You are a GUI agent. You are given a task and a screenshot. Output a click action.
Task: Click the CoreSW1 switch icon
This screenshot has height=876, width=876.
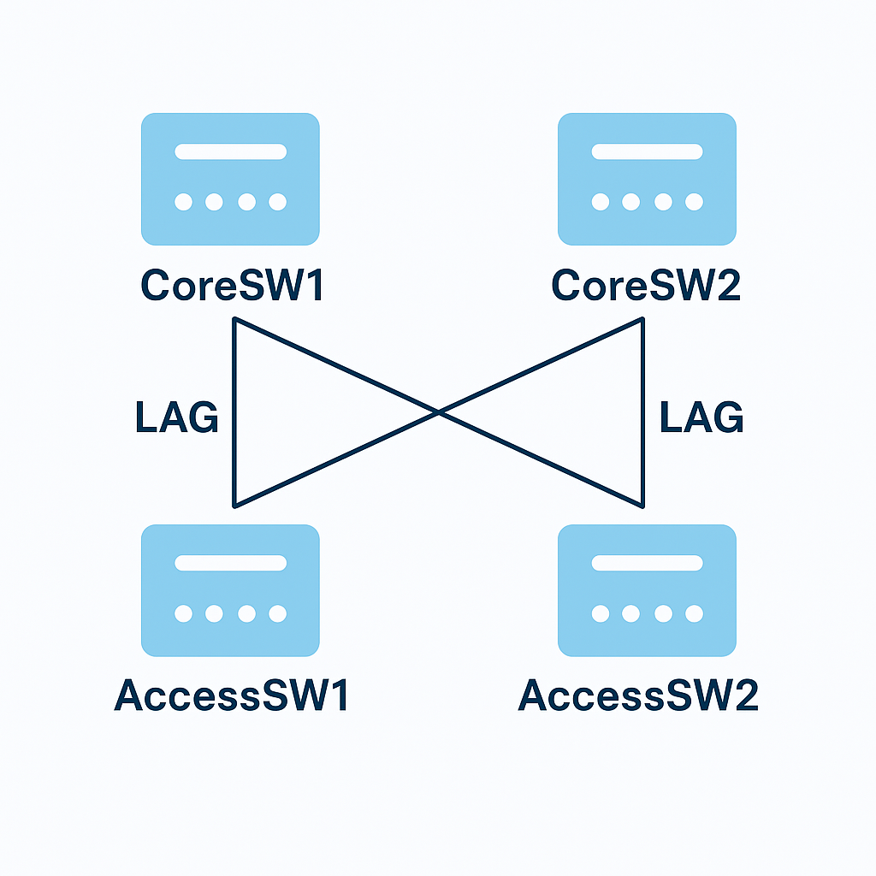pyautogui.click(x=230, y=180)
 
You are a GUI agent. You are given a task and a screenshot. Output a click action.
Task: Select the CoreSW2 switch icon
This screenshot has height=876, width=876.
pyautogui.click(x=647, y=180)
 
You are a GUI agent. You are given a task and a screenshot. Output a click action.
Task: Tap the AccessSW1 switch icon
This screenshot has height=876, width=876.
pyautogui.click(x=230, y=590)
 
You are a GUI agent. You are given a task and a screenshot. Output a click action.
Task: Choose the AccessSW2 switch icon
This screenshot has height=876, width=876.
pyautogui.click(x=647, y=590)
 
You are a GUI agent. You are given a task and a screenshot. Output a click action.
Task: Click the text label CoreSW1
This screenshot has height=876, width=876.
pyautogui.click(x=233, y=286)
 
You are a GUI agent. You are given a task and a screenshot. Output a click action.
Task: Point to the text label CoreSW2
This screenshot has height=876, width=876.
pyautogui.click(x=646, y=286)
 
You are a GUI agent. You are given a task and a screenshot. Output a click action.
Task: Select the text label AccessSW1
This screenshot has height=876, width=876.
pyautogui.click(x=232, y=696)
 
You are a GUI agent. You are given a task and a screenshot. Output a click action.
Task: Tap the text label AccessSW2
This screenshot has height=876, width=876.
pyautogui.click(x=638, y=696)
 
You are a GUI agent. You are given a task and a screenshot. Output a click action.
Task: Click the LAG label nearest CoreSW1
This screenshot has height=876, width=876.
pyautogui.click(x=177, y=418)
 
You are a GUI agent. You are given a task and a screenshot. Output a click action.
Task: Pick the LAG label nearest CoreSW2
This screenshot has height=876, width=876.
pyautogui.click(x=701, y=418)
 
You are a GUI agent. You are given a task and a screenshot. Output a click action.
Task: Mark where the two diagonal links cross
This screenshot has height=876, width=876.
pyautogui.click(x=438, y=412)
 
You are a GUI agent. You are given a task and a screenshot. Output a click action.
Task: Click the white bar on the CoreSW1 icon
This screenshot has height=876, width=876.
pyautogui.click(x=230, y=152)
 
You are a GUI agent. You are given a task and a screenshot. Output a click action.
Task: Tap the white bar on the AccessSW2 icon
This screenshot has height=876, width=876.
pyautogui.click(x=647, y=563)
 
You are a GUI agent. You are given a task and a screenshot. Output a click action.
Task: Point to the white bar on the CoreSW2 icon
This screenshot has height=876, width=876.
pyautogui.click(x=647, y=152)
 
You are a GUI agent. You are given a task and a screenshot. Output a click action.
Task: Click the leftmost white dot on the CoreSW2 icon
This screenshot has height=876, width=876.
pyautogui.click(x=601, y=202)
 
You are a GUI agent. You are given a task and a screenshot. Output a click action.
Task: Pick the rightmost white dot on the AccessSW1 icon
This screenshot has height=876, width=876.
pyautogui.click(x=277, y=613)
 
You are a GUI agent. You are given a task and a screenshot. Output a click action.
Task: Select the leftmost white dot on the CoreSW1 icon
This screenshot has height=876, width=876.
pyautogui.click(x=183, y=202)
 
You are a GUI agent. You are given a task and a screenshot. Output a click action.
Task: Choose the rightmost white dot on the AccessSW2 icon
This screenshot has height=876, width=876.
pyautogui.click(x=694, y=613)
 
